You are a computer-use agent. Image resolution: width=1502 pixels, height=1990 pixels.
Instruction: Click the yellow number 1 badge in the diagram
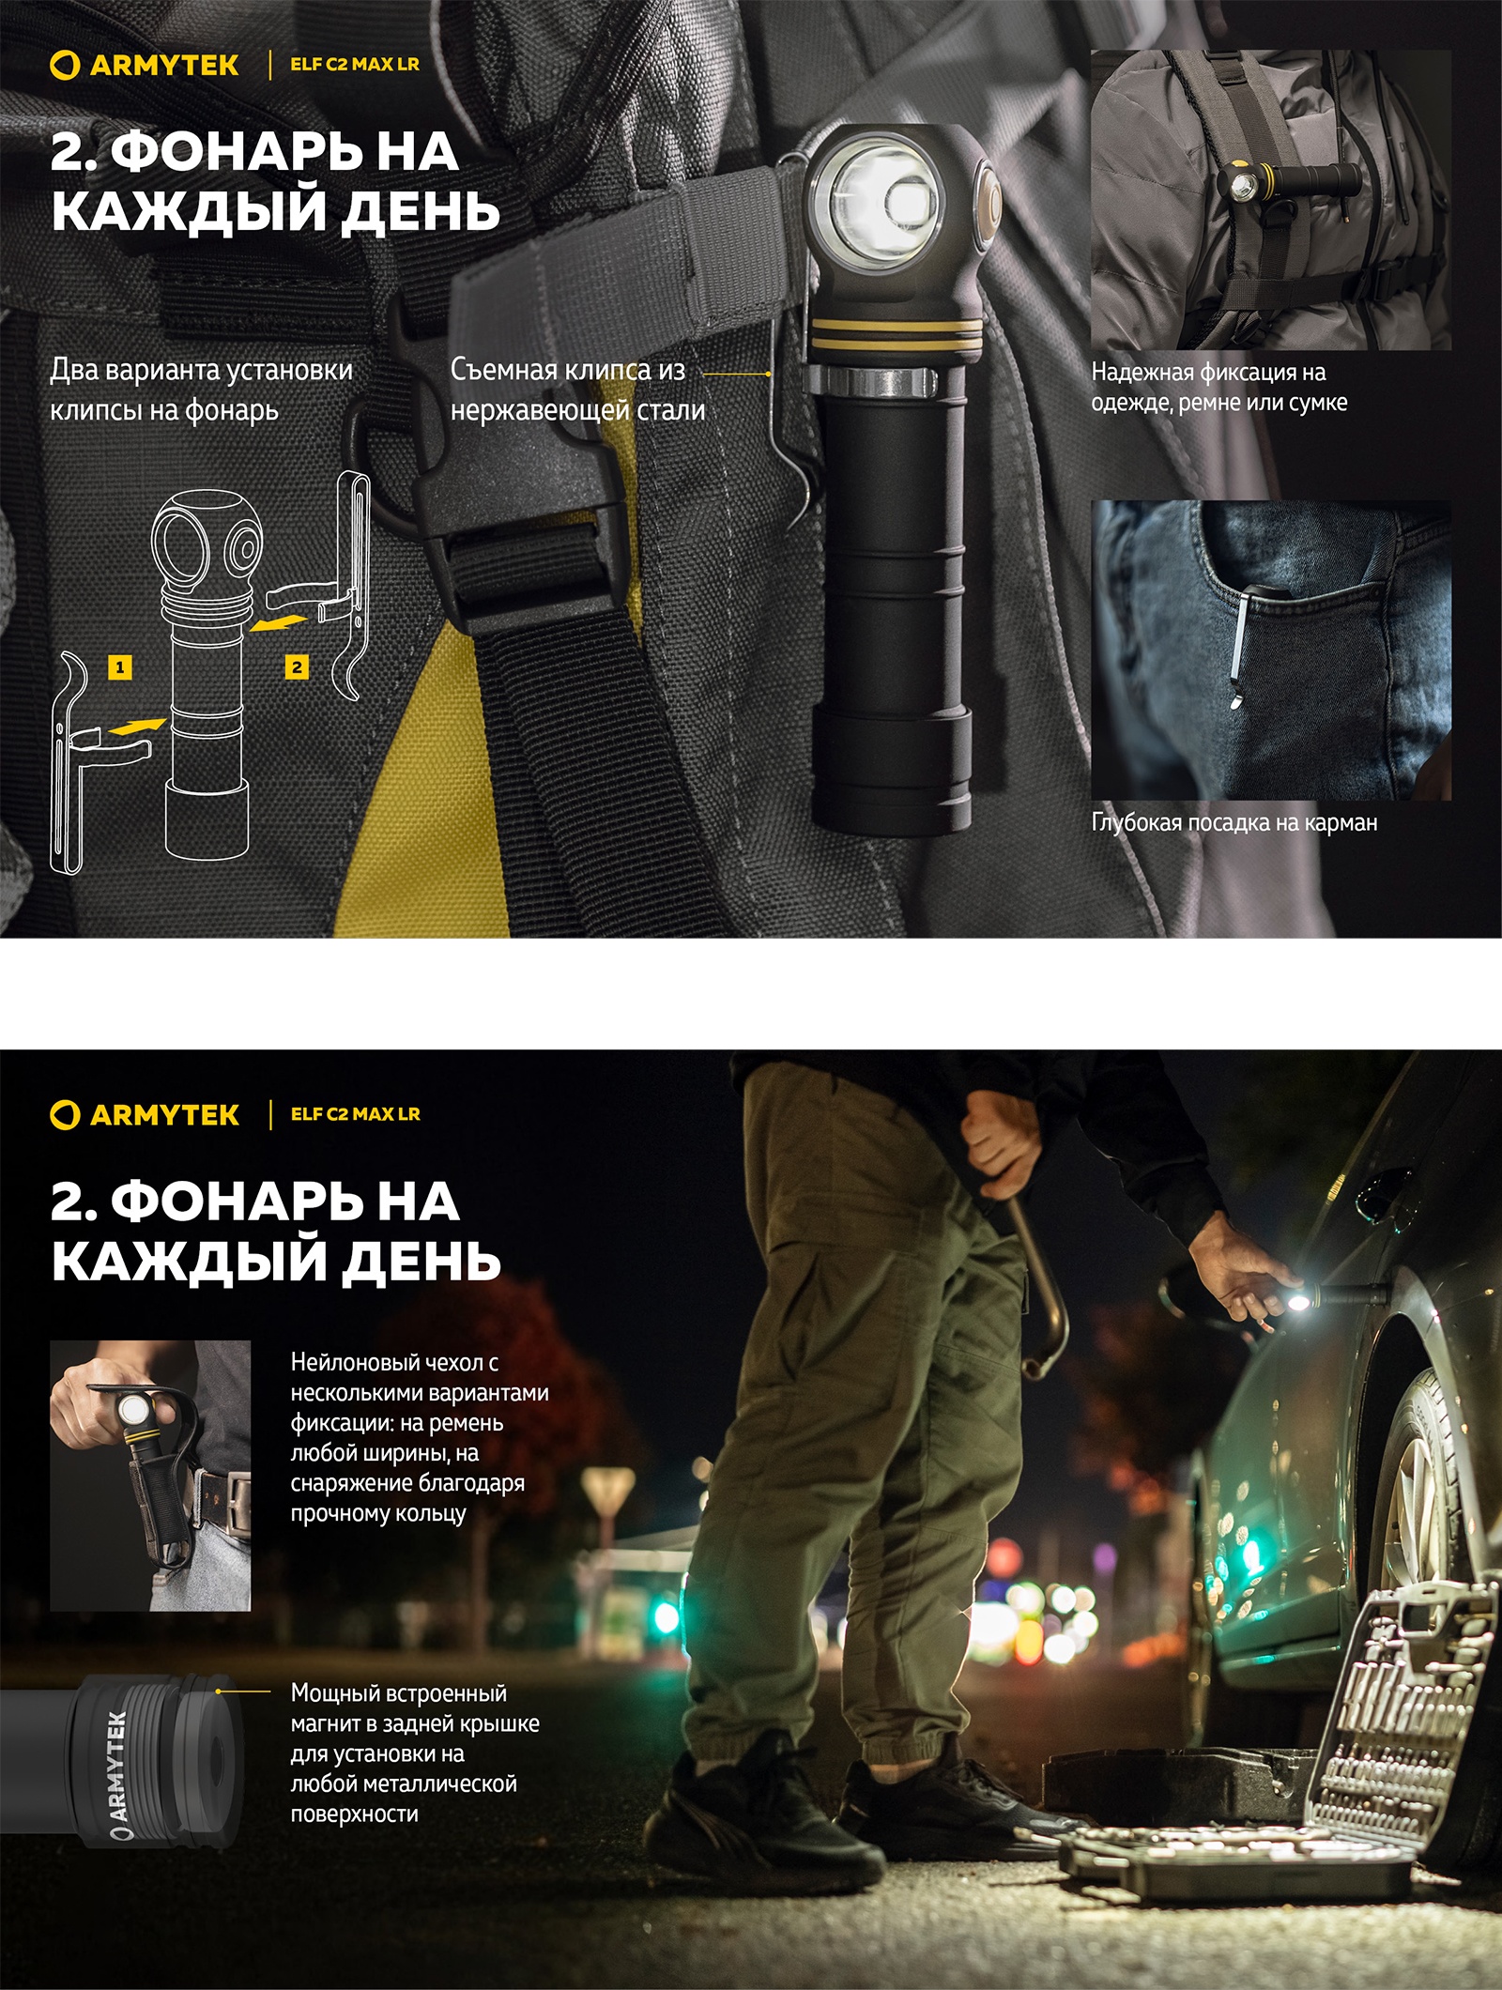pos(119,667)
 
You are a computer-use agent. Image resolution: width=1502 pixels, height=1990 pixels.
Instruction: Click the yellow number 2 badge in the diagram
pos(297,667)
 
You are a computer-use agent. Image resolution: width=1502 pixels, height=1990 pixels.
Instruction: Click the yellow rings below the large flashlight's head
pos(897,333)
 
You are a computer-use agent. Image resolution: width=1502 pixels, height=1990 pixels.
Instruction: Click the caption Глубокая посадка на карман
pos(1234,823)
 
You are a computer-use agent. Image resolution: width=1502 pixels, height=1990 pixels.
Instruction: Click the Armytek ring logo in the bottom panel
pos(64,1114)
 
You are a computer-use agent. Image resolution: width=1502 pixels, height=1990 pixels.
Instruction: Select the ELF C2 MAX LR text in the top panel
pos(355,65)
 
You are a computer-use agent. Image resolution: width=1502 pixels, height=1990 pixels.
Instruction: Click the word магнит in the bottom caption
pos(328,1724)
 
